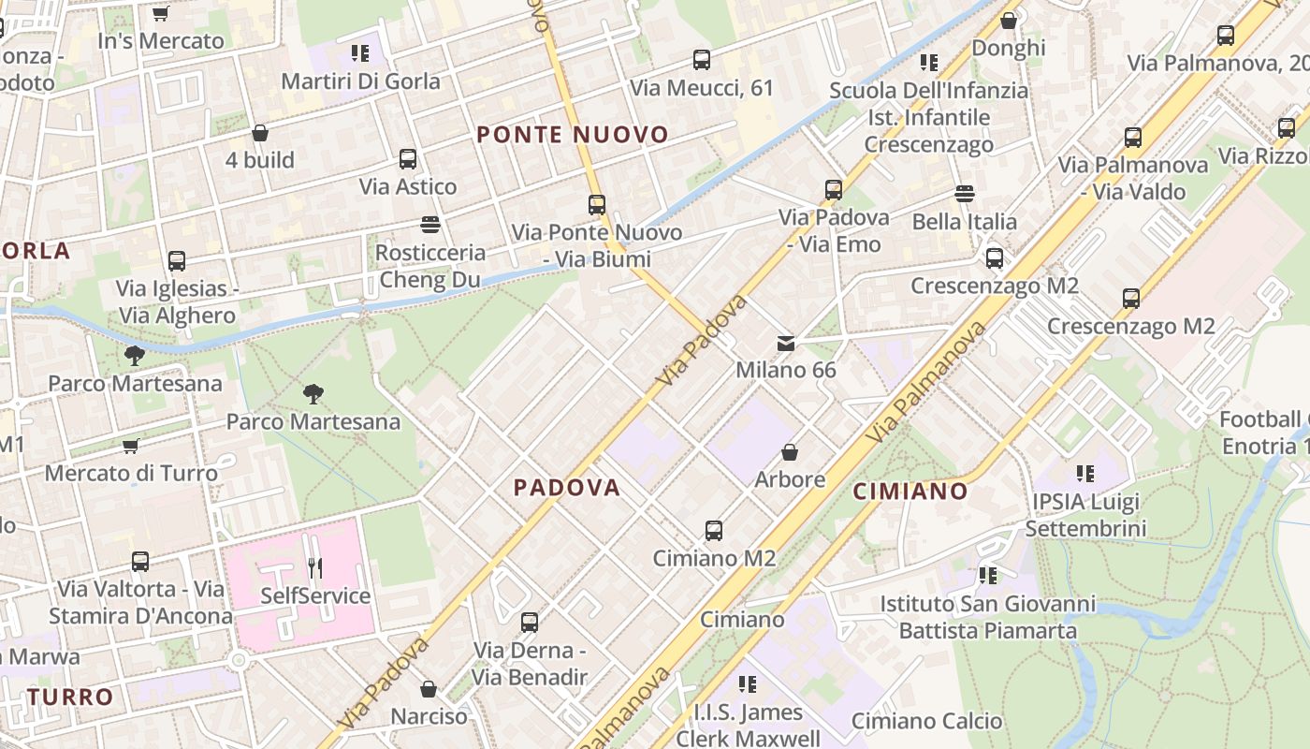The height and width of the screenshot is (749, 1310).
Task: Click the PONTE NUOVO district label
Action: coord(573,135)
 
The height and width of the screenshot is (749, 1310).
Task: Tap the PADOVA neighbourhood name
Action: coord(567,488)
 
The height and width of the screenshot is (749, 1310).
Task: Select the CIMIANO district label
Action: coord(910,492)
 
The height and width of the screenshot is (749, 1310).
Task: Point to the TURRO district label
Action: coord(70,698)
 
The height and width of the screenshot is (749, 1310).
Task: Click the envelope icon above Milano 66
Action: coord(786,344)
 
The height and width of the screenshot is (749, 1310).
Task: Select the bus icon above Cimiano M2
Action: coord(714,531)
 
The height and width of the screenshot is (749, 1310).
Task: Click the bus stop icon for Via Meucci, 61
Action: coord(702,61)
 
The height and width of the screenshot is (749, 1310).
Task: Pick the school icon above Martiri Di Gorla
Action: coord(360,54)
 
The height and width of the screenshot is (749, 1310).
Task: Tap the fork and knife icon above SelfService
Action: coord(315,568)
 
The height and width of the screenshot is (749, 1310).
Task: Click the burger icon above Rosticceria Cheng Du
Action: coord(430,225)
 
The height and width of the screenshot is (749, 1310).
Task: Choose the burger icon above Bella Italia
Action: coord(965,195)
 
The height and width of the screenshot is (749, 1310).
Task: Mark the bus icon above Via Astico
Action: coord(408,159)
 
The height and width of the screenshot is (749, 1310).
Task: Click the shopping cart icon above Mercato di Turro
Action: coord(131,447)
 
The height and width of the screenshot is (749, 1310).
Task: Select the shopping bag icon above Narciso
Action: coord(429,690)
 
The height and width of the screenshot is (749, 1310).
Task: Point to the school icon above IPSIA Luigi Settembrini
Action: coord(1085,475)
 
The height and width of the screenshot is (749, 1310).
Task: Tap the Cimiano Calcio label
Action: coord(926,721)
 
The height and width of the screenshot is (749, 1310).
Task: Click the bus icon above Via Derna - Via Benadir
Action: coord(530,623)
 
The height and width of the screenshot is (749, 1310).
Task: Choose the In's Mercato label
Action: coord(161,41)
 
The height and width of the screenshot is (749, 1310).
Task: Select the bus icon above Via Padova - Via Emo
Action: coord(834,190)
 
